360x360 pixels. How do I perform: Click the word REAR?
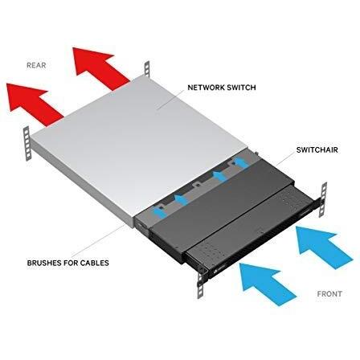[36, 65]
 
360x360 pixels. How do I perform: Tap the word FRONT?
[329, 294]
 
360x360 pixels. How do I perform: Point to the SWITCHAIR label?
[317, 149]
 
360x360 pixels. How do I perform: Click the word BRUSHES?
[45, 263]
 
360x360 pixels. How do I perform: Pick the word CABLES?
[95, 263]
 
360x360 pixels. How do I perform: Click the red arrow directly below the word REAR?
[34, 103]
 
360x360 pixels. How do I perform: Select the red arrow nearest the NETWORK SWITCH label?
[100, 67]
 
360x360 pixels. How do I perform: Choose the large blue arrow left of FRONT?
[268, 284]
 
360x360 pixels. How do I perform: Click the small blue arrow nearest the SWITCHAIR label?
[242, 163]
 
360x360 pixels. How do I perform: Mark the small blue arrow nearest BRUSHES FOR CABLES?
[159, 211]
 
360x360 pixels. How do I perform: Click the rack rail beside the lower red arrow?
[27, 143]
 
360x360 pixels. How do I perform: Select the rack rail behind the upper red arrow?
[147, 69]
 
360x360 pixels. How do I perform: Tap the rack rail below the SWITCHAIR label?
[323, 199]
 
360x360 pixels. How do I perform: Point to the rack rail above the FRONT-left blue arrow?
[201, 284]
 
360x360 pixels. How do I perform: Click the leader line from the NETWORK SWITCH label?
[170, 100]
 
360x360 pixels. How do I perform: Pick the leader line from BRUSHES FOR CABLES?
[98, 241]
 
